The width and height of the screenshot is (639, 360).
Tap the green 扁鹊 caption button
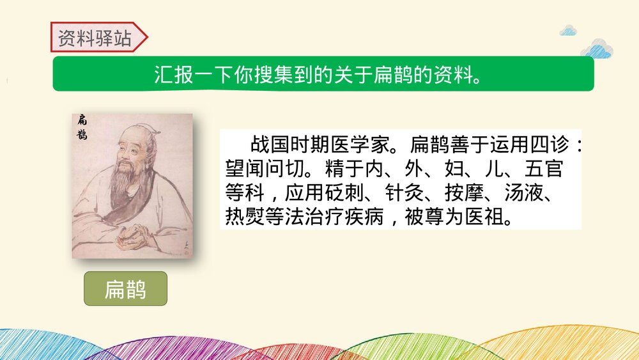pos(125,289)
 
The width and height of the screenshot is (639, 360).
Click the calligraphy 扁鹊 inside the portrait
pos(82,127)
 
